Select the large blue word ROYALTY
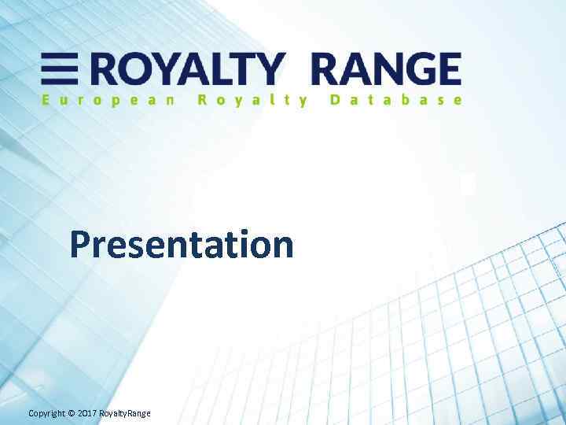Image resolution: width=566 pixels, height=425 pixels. pos(184,69)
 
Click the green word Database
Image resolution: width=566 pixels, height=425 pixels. pos(396,100)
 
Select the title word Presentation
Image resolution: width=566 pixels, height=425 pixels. pos(182,244)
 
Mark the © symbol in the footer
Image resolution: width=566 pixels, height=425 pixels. pos(71,414)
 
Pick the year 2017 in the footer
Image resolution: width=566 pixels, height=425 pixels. pos(86,414)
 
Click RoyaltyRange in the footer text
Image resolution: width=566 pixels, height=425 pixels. pos(124,414)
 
